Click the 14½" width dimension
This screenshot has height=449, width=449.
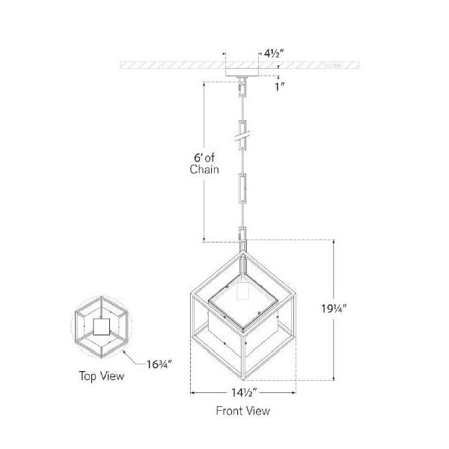243,391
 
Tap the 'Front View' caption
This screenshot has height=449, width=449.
243,410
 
